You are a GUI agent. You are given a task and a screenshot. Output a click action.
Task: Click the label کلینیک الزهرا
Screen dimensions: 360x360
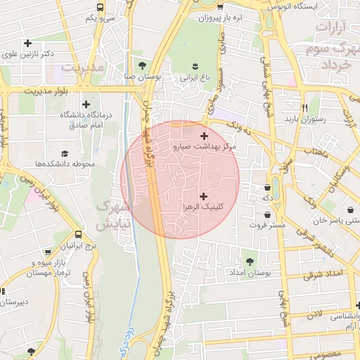click(x=204, y=207)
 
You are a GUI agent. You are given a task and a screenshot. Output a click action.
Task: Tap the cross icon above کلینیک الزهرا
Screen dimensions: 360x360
click(x=204, y=196)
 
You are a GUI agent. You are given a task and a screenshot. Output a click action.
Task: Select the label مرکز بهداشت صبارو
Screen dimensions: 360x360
click(x=205, y=147)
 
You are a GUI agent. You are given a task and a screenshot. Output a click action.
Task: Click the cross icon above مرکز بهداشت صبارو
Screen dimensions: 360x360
click(x=205, y=136)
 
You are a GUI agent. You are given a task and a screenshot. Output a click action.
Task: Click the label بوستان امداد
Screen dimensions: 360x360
click(x=250, y=272)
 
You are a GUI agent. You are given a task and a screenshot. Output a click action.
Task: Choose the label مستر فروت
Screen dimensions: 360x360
click(x=269, y=225)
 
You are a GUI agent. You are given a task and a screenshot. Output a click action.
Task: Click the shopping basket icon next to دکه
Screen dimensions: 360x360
click(x=269, y=188)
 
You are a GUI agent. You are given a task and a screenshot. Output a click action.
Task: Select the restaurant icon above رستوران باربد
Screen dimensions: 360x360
click(x=305, y=108)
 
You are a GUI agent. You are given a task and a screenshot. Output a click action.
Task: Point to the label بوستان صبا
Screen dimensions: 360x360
click(x=143, y=76)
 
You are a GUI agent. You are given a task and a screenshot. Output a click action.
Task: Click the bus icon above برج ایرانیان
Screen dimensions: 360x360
click(x=77, y=235)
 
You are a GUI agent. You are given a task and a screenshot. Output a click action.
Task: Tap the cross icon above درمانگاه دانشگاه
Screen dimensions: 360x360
click(x=86, y=104)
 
